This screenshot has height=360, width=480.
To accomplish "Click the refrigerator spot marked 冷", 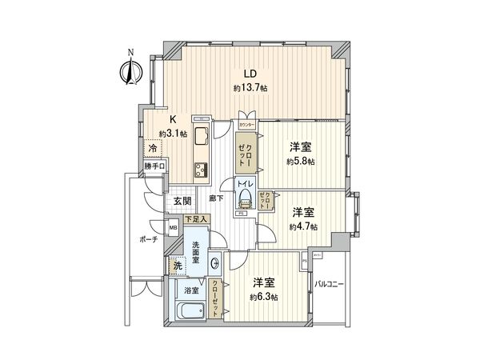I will (150, 148).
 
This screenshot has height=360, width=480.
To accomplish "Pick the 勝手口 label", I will (154, 166).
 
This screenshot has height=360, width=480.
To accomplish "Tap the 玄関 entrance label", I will (182, 202).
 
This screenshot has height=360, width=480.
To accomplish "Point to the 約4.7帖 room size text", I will (303, 227).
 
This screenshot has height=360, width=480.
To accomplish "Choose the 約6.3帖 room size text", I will (264, 297).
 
